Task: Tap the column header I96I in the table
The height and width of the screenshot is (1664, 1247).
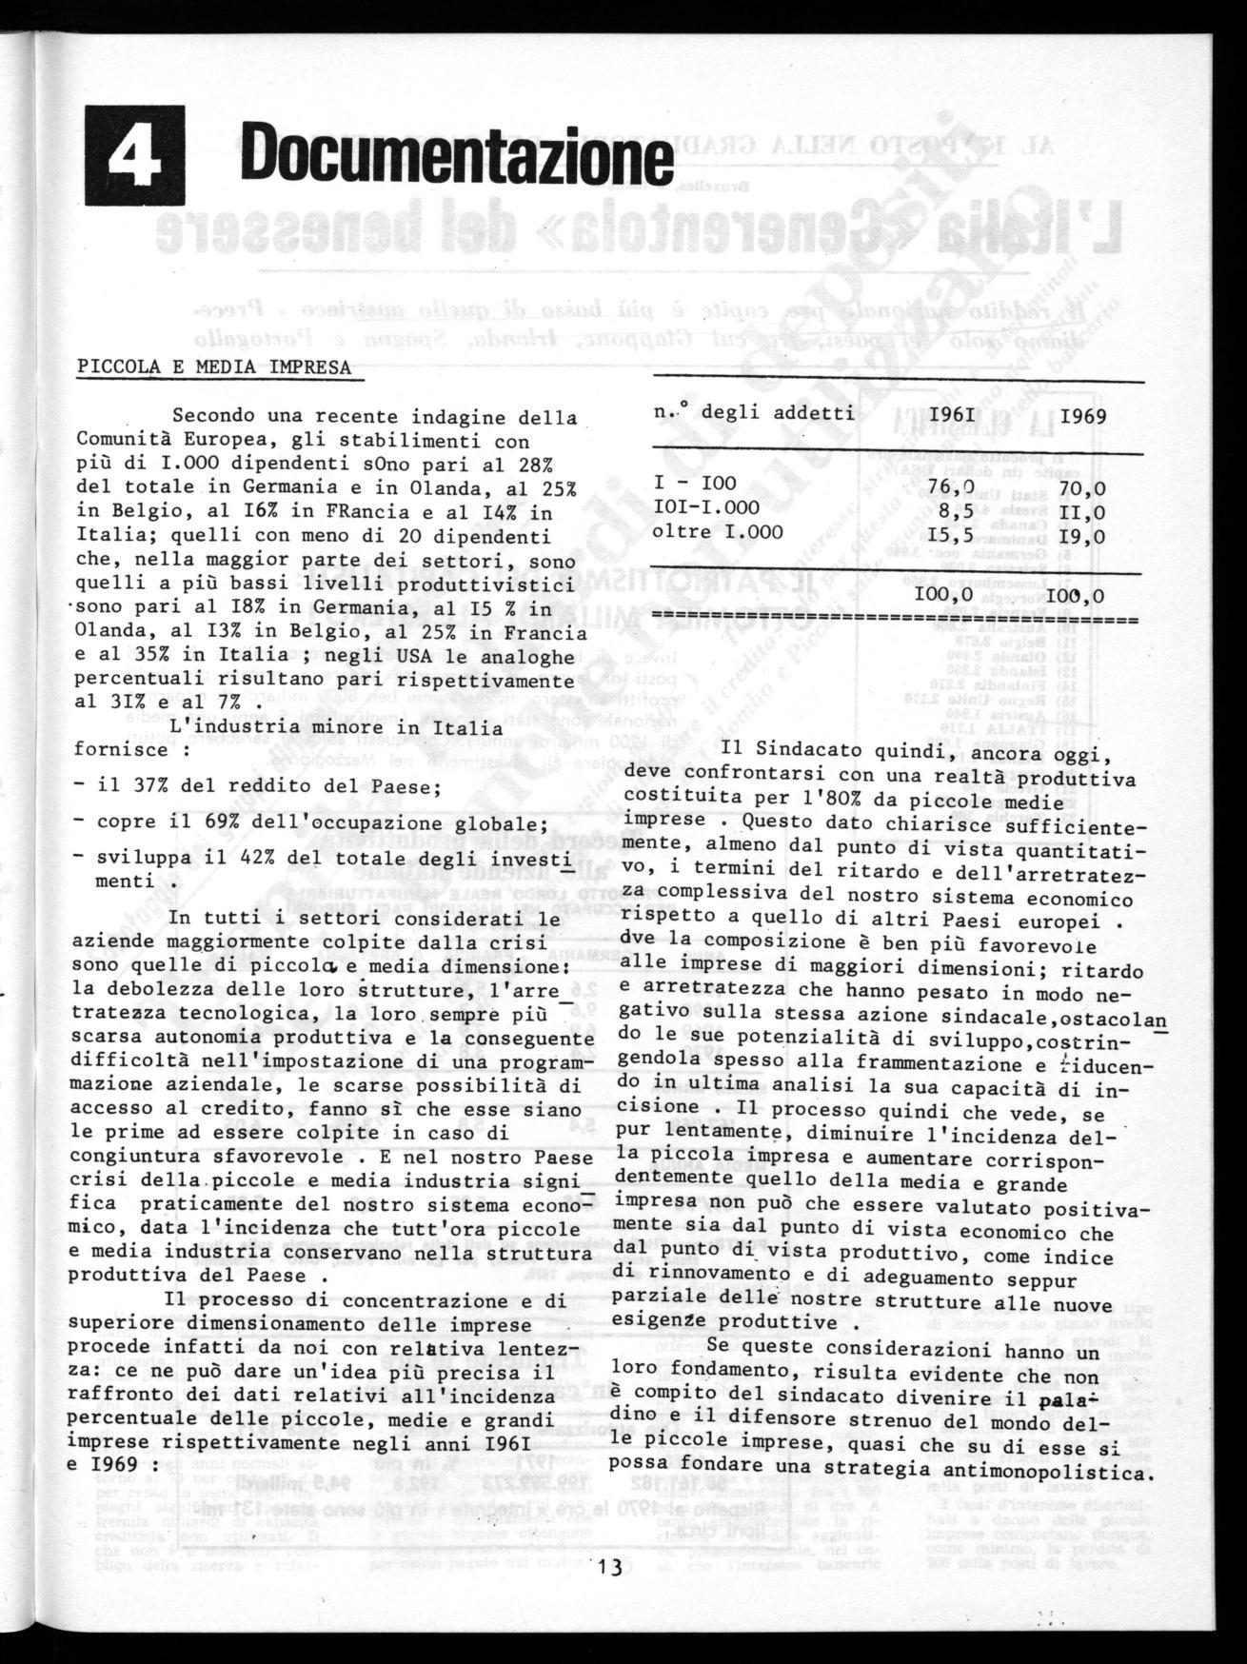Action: pos(952,417)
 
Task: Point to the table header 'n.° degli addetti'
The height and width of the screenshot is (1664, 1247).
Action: pos(754,413)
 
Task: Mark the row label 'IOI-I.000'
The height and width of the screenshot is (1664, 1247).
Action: pos(706,508)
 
